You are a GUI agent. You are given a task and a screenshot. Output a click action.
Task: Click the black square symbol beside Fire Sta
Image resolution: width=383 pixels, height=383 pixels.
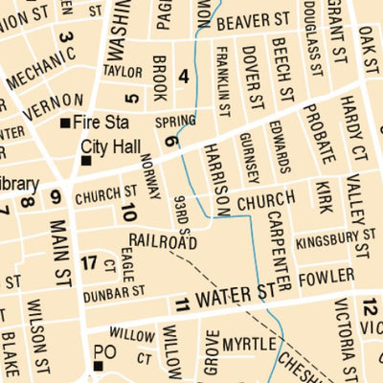click(x=65, y=124)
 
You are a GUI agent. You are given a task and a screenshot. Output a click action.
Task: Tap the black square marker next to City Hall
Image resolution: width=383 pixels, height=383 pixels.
click(x=85, y=161)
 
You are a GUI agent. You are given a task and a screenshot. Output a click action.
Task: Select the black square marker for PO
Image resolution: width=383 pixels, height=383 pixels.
click(x=98, y=366)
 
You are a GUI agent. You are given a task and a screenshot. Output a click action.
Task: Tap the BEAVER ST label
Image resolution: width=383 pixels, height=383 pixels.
click(x=253, y=19)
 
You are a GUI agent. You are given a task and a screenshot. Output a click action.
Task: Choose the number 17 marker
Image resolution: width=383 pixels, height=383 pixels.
click(x=89, y=263)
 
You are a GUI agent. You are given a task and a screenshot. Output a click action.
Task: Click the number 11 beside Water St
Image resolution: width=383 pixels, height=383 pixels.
click(x=183, y=305)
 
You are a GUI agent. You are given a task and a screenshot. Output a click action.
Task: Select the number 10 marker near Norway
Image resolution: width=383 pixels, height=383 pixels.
click(x=128, y=213)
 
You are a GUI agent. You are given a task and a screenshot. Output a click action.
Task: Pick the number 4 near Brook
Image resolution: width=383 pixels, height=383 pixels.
click(x=183, y=77)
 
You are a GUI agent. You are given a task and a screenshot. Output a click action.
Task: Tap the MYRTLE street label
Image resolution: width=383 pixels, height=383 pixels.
click(x=249, y=343)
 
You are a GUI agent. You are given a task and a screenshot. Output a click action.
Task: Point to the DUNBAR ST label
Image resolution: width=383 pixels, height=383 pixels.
click(x=113, y=290)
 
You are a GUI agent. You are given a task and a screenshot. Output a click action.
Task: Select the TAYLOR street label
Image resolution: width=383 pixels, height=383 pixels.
click(x=123, y=71)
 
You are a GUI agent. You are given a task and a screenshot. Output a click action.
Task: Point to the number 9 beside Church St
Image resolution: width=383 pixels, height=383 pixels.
click(x=56, y=198)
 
